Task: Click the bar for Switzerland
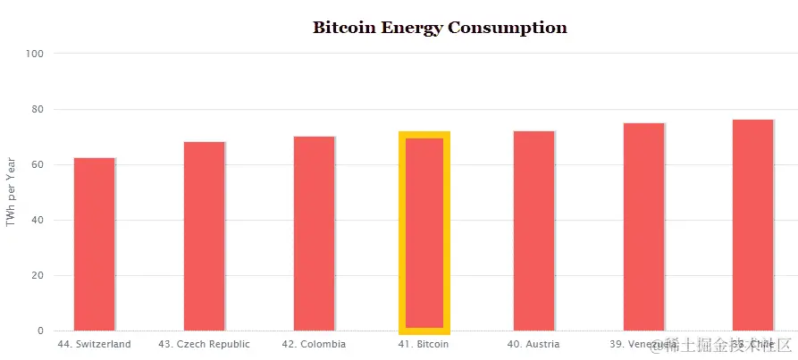[x=94, y=244]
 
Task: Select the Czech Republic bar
[x=204, y=236]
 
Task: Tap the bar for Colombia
[x=314, y=233]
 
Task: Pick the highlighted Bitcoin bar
[x=424, y=232]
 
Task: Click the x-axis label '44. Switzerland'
[x=94, y=344]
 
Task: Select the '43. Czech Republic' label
[x=204, y=344]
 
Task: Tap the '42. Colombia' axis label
[x=314, y=344]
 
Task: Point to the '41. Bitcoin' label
[x=424, y=344]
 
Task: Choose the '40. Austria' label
[x=533, y=344]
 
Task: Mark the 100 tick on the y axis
[x=35, y=54]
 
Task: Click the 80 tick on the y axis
[x=38, y=109]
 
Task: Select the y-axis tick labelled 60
[x=38, y=164]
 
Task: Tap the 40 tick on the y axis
[x=38, y=220]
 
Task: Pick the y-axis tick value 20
[x=38, y=275]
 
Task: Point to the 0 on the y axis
[x=40, y=331]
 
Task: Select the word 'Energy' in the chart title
[x=412, y=28]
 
